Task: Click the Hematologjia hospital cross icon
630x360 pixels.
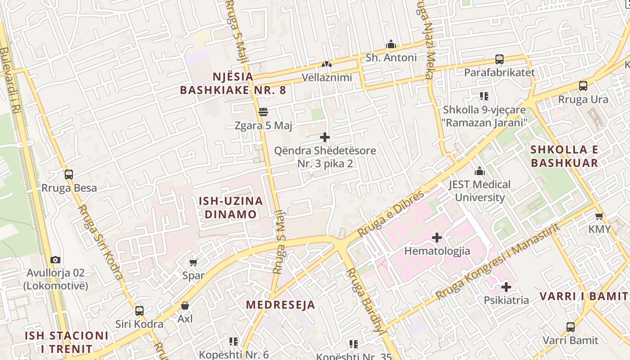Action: point(436,237)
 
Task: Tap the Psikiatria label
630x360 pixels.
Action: point(506,300)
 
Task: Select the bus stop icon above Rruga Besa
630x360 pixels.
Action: point(69,175)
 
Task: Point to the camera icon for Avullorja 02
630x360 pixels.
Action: point(55,260)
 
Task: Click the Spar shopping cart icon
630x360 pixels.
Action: point(193,262)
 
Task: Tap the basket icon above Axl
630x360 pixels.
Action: point(184,306)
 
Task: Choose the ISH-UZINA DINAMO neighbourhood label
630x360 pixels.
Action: point(231,207)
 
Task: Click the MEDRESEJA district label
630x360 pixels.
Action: point(280,305)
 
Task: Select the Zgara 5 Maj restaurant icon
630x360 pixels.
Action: point(263,112)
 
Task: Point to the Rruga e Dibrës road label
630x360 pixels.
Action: point(391,214)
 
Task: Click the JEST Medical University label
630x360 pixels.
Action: point(480,191)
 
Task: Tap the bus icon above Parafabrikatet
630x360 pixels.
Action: point(499,59)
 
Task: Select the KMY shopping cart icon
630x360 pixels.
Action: point(599,216)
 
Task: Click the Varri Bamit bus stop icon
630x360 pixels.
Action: point(570,327)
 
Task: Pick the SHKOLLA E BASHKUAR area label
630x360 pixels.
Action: point(565,156)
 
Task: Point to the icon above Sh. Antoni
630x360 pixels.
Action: point(391,44)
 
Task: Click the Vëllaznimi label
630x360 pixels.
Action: point(327,77)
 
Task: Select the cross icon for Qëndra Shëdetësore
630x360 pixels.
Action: point(325,137)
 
